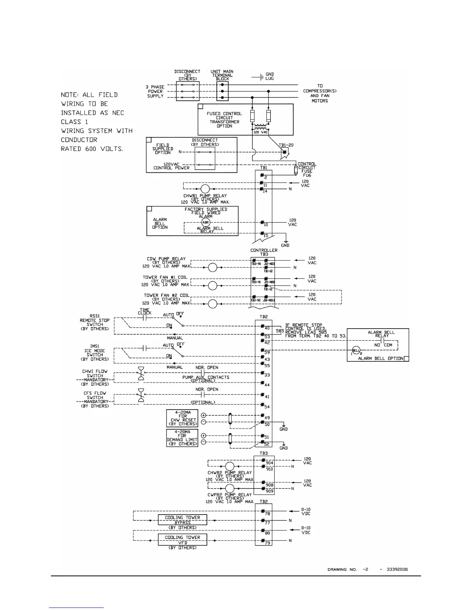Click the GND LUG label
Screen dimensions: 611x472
(x=270, y=76)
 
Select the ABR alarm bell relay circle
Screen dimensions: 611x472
(x=206, y=223)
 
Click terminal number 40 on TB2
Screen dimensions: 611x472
(x=267, y=329)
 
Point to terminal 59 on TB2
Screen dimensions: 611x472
(x=267, y=352)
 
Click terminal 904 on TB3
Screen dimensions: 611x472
(x=269, y=462)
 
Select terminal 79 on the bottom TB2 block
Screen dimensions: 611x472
(x=267, y=543)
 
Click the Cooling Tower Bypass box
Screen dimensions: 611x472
(x=182, y=520)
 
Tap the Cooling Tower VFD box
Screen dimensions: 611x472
(x=182, y=539)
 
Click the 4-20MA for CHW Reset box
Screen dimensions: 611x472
(x=182, y=418)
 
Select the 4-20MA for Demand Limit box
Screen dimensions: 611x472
(x=182, y=438)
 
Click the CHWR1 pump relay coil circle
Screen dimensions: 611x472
(x=205, y=189)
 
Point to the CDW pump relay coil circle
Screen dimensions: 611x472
(x=212, y=267)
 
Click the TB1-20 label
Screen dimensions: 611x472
(x=286, y=146)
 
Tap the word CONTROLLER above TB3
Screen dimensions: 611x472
(x=264, y=250)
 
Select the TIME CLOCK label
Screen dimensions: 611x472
(x=145, y=311)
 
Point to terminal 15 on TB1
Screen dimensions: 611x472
(x=266, y=236)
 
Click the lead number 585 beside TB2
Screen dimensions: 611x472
(x=280, y=331)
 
